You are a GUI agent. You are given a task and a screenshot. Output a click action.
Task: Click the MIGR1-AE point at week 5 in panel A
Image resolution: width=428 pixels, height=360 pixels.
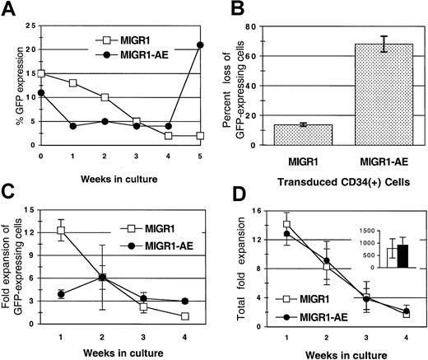tap(200, 44)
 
